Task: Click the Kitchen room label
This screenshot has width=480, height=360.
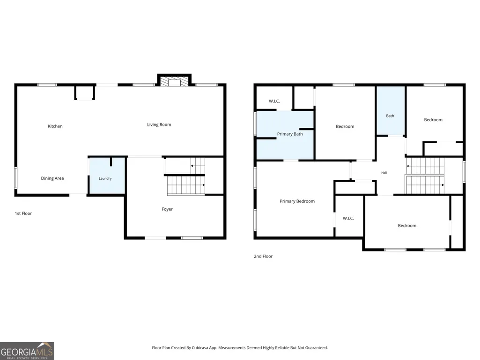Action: tap(55, 126)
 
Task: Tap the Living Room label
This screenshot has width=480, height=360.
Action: tap(159, 125)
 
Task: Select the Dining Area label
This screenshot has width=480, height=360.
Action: tap(52, 178)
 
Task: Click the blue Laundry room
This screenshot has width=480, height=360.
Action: tap(107, 176)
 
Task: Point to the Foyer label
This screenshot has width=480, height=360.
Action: tap(167, 209)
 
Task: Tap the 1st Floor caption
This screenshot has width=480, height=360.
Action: tap(23, 213)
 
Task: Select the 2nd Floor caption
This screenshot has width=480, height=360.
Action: tap(263, 256)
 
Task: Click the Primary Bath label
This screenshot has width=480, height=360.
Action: tap(290, 134)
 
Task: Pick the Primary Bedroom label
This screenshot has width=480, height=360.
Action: tap(297, 201)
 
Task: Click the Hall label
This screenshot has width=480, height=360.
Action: tap(384, 173)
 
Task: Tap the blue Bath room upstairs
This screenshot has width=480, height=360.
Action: tap(391, 110)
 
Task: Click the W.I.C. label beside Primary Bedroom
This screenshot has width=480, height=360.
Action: tap(348, 218)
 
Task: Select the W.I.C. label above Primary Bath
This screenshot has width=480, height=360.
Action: tap(274, 101)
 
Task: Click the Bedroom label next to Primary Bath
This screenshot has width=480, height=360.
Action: tap(345, 126)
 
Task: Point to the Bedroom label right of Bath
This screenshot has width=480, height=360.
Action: tap(433, 120)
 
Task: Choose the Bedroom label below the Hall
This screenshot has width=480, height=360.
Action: tap(407, 226)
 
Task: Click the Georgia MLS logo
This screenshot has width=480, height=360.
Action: tap(27, 351)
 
